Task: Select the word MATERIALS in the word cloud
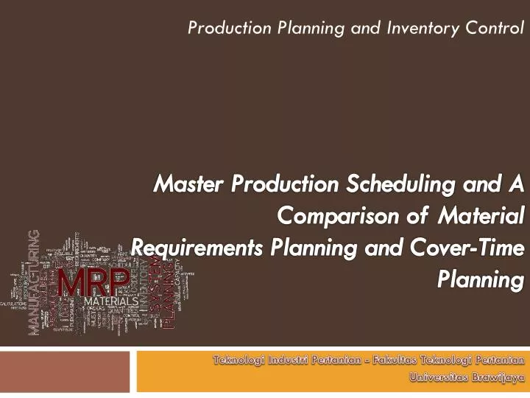(110, 302)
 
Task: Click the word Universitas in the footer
(436, 377)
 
